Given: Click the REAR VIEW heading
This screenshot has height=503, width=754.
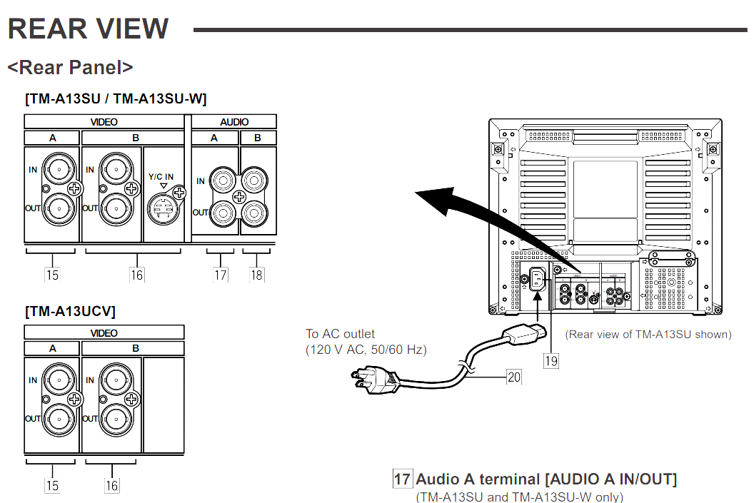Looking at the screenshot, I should click(88, 29).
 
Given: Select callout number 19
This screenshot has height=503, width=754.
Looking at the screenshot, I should click(551, 361).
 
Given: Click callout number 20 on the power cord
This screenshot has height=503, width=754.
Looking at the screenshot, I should click(514, 376).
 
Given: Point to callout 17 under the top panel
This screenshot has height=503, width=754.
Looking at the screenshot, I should click(220, 274).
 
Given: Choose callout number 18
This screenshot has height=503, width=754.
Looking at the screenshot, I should click(256, 274).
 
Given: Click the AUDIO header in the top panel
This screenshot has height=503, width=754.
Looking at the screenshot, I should click(234, 122).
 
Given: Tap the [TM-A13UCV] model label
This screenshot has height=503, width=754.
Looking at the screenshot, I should click(70, 312).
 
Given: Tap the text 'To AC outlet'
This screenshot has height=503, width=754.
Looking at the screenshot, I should click(341, 334).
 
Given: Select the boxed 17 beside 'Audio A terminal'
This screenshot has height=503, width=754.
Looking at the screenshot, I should click(403, 479).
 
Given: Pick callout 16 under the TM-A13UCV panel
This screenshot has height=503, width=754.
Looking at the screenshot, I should click(112, 485).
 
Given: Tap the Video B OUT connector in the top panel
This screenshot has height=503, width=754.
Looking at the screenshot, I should click(114, 209).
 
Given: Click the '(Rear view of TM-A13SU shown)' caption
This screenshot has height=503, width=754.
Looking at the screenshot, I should click(648, 334).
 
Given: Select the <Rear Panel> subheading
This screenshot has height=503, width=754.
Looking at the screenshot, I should click(70, 67).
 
